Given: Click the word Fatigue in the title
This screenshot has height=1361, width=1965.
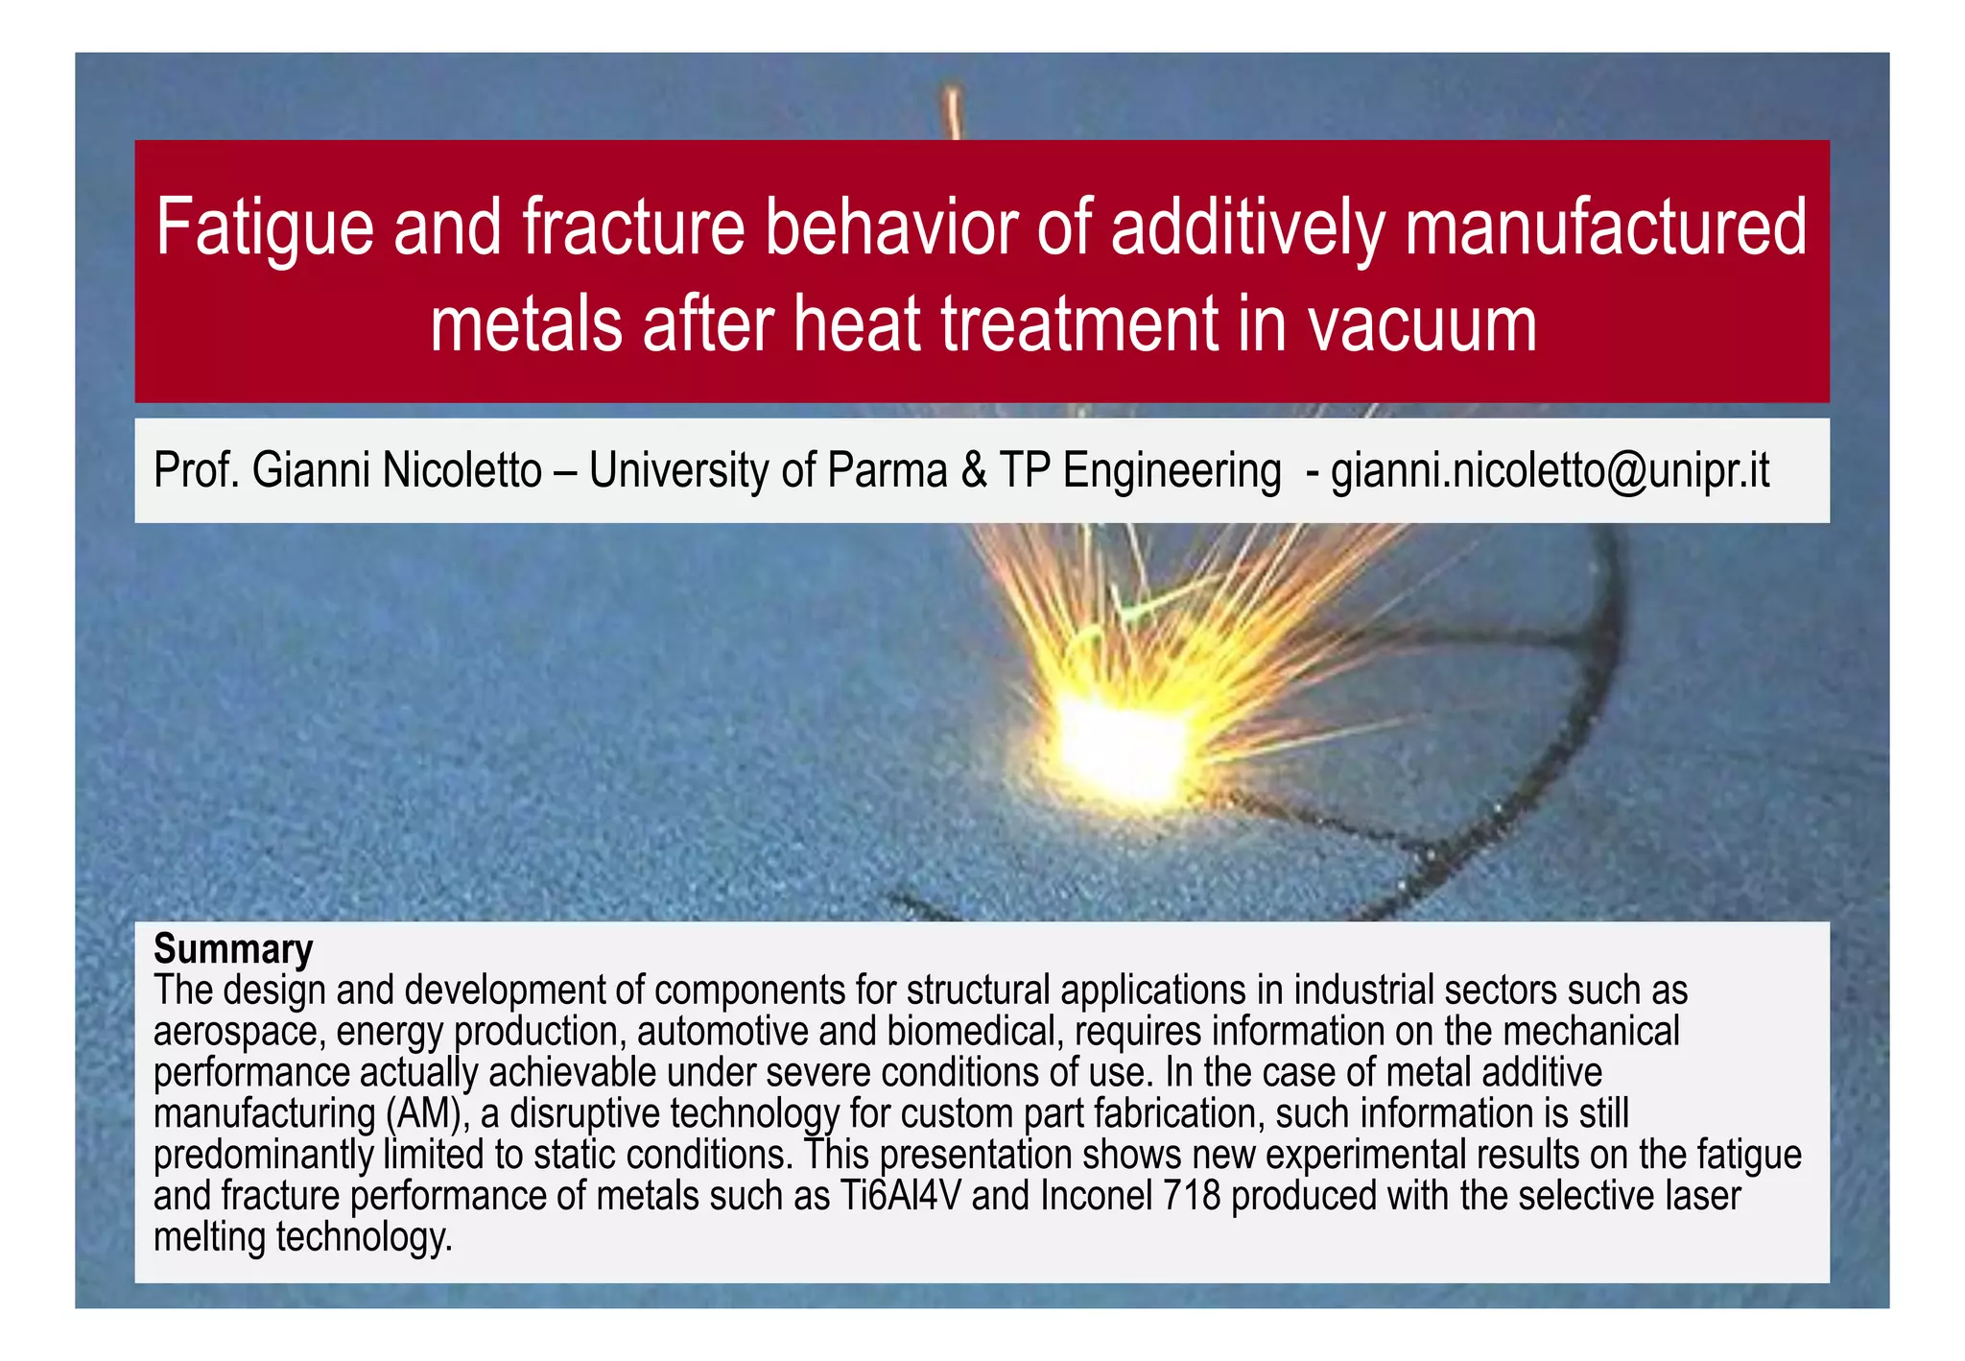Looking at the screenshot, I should [x=264, y=228].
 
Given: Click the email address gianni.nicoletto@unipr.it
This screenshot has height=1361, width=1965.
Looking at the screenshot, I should [x=1550, y=471].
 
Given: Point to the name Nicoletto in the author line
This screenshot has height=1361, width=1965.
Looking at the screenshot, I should [x=462, y=471].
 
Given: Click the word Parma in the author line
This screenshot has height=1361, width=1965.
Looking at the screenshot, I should [x=887, y=471].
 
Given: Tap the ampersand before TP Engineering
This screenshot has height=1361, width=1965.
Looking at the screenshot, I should [x=974, y=471].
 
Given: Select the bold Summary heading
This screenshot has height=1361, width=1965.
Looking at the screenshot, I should [x=233, y=948].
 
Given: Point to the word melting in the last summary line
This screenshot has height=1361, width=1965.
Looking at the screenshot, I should [x=208, y=1237].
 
